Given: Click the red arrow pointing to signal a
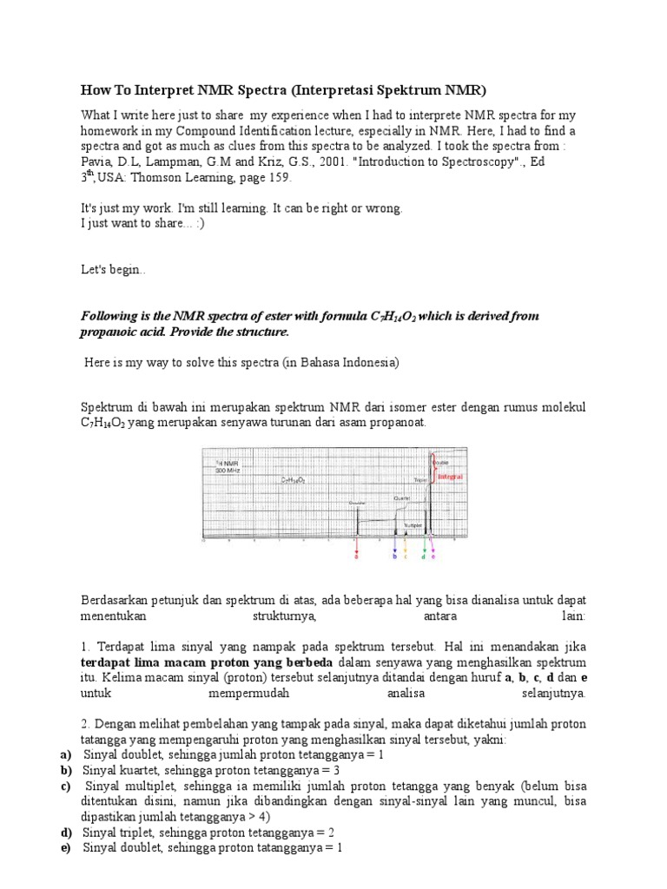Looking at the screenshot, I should pyautogui.click(x=356, y=545).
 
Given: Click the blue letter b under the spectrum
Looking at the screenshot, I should pyautogui.click(x=395, y=556).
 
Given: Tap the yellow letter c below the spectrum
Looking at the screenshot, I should pyautogui.click(x=405, y=556).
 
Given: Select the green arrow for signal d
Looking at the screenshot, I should pyautogui.click(x=424, y=545).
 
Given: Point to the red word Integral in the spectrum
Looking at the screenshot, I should pyautogui.click(x=450, y=477).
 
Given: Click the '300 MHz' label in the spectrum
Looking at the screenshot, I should pyautogui.click(x=228, y=469).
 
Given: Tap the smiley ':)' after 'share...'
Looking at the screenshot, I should pyautogui.click(x=199, y=224).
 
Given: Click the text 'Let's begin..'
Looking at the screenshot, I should pyautogui.click(x=114, y=270).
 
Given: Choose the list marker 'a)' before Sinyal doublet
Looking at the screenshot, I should pyautogui.click(x=66, y=754).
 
